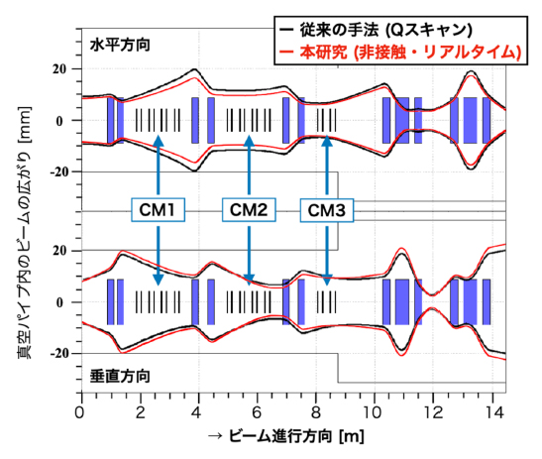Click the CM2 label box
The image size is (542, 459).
pyautogui.click(x=249, y=210)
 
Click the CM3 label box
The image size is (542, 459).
pyautogui.click(x=327, y=210)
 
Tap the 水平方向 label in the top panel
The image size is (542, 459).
pyautogui.click(x=119, y=46)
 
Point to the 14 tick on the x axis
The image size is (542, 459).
pyautogui.click(x=491, y=409)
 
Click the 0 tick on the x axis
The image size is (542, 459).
pyautogui.click(x=80, y=409)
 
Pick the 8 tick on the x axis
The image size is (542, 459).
pyautogui.click(x=315, y=409)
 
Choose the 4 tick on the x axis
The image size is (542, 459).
pyautogui.click(x=198, y=409)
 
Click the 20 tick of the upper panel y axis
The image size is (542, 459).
pyautogui.click(x=58, y=69)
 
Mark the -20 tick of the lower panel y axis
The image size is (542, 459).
pyautogui.click(x=56, y=354)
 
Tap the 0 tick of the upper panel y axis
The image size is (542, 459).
pyautogui.click(x=63, y=121)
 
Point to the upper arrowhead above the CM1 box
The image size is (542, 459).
pyautogui.click(x=159, y=142)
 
